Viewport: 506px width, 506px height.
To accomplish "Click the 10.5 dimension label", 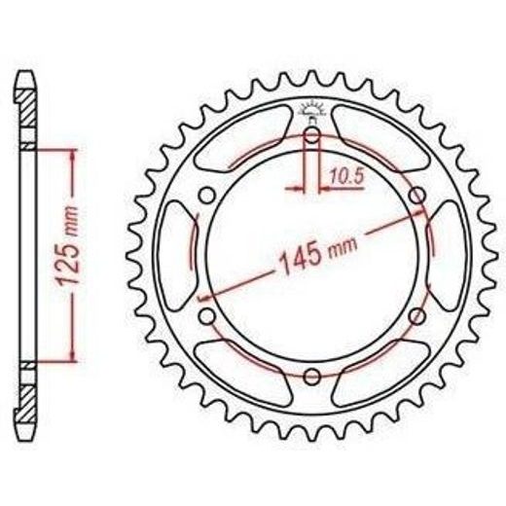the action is point(347,176).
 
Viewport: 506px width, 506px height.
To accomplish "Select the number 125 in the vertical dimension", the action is point(67,263).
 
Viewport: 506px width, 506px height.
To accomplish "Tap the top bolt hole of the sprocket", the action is point(312,134).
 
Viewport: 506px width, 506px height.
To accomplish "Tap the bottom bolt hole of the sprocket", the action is point(312,377).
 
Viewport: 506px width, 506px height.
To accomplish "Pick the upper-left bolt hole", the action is point(207,196).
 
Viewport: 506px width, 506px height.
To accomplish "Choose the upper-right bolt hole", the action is point(417,196).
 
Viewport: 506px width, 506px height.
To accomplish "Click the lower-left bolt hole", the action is point(207,316).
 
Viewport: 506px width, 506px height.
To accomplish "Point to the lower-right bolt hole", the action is point(417,316).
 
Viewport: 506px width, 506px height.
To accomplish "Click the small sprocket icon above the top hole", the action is point(312,109).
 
